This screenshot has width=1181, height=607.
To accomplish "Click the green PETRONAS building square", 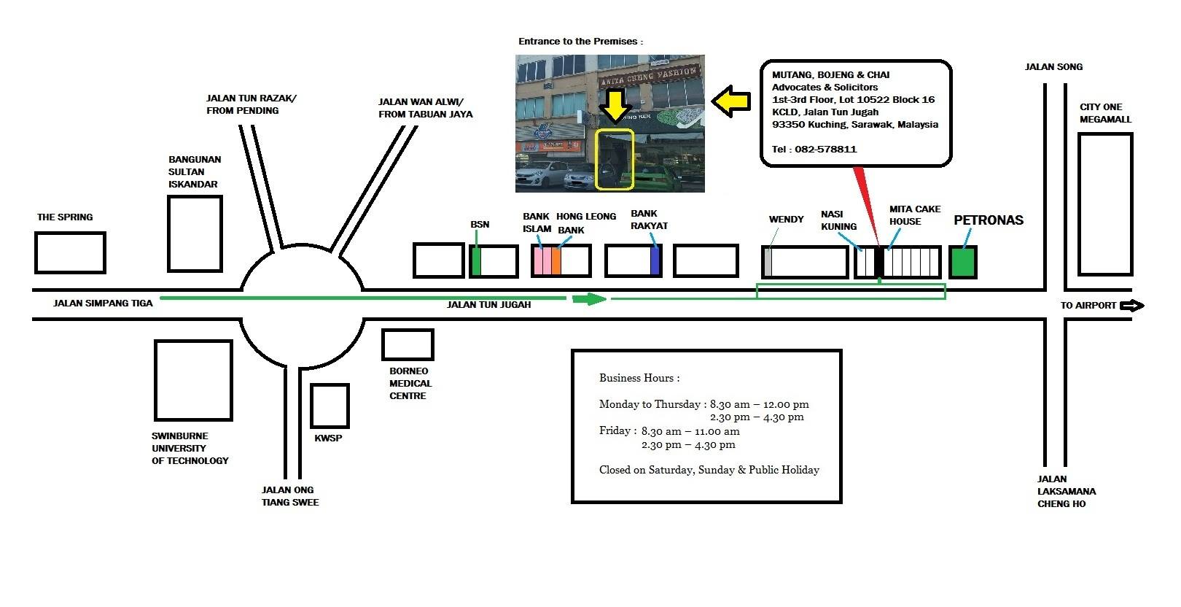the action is point(963,262).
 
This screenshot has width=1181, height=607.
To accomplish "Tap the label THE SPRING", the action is point(65,217).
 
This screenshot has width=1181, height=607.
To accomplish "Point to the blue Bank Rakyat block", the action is point(655,260).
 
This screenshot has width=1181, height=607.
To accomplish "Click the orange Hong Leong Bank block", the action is point(556,260).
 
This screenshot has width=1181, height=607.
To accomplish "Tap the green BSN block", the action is point(476,260).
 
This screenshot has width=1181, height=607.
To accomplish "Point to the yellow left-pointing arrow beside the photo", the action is point(730,101).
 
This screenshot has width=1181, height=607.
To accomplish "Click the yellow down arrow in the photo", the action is point(615,106).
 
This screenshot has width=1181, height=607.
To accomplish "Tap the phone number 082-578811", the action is point(826,150).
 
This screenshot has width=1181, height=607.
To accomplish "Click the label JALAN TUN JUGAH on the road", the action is point(488,304).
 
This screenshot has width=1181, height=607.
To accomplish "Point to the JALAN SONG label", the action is point(1053,67).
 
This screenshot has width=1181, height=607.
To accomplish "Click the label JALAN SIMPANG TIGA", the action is point(103,303).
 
